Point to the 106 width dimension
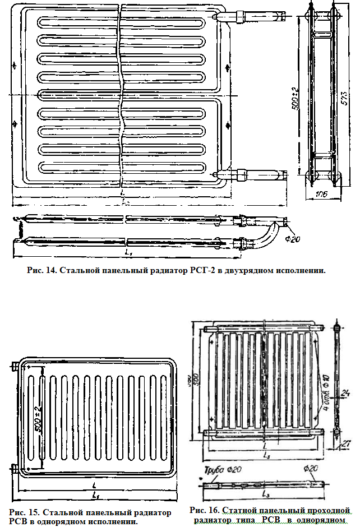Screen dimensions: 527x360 click(x=321, y=194)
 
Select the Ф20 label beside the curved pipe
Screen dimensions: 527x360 click(x=292, y=239)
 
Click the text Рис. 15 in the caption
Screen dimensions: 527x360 click(x=25, y=512)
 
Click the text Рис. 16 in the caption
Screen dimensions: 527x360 click(x=204, y=510)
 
